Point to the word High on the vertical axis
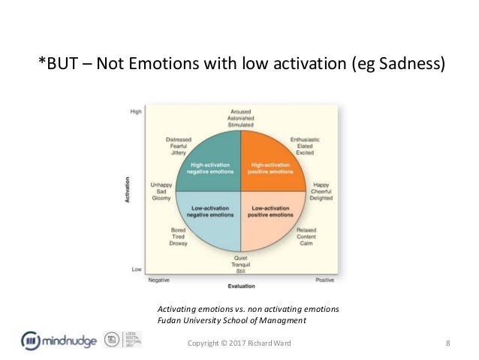point(136,111)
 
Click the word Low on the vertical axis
point(137,269)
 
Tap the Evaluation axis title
point(240,286)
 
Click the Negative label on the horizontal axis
point(158,279)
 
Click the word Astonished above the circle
point(240,117)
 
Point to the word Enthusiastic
point(306,140)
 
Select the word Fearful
point(178,147)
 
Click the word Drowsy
point(179,244)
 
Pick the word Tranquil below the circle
point(240,265)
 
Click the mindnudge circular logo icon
point(32,340)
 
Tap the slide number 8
point(447,344)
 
